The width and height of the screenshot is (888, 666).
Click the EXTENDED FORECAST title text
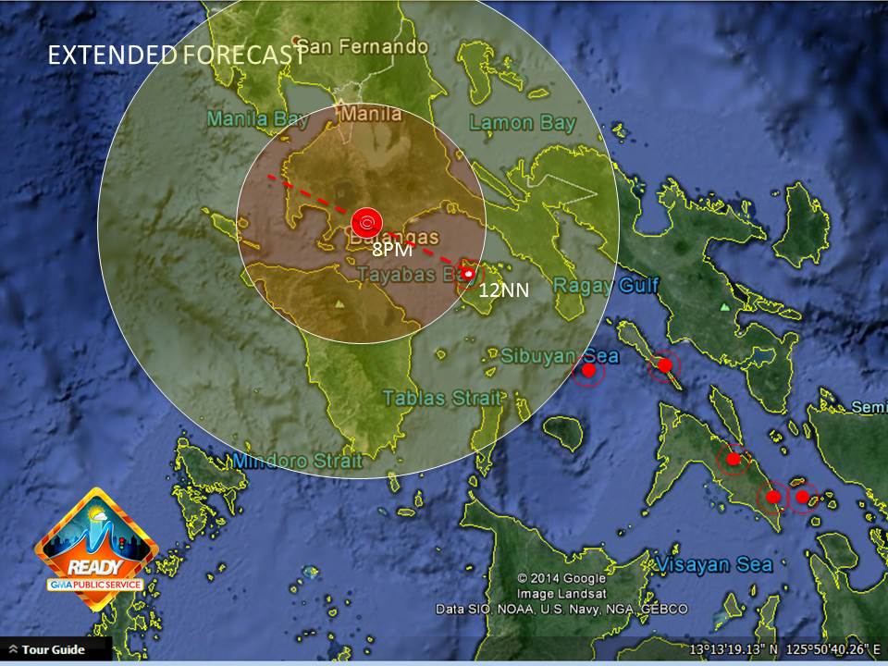176,55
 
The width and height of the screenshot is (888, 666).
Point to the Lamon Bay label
523,122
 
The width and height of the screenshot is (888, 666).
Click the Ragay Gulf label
606,285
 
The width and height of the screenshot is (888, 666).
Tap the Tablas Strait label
443,398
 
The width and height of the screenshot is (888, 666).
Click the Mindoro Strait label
298,460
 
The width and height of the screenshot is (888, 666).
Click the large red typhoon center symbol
367,222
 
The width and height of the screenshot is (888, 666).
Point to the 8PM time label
391,250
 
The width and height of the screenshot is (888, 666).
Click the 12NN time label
504,290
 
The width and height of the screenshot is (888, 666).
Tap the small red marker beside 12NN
470,274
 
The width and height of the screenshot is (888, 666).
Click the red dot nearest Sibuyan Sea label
587,371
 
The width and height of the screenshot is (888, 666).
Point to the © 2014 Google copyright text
561,578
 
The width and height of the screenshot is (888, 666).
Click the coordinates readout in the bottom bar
785,649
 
